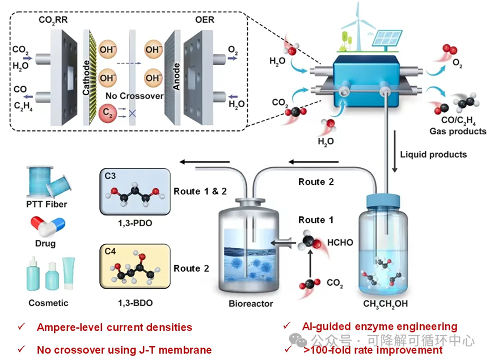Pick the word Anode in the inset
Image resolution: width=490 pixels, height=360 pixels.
click(176, 77)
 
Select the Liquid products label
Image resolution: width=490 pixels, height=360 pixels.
click(434, 154)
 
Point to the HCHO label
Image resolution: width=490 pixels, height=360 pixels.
click(340, 242)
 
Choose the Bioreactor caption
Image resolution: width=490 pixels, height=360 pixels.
click(251, 303)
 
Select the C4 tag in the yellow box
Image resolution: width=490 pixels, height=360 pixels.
click(109, 251)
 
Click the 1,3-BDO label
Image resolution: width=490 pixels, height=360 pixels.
click(134, 303)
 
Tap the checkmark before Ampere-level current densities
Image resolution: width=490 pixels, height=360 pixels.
click(22, 327)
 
